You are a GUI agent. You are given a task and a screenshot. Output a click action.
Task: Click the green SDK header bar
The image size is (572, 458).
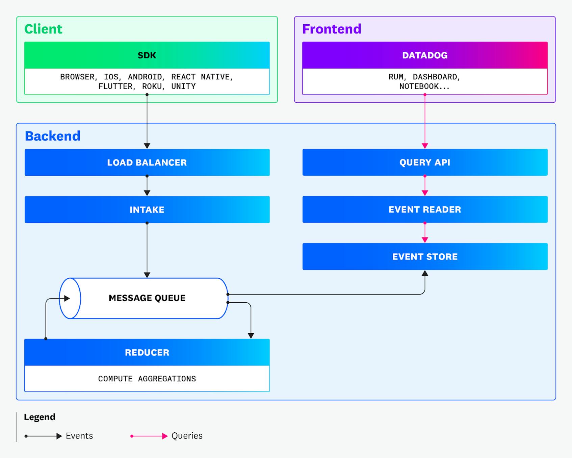pos(147,55)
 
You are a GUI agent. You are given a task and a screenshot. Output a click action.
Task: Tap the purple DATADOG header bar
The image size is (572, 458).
pos(425,55)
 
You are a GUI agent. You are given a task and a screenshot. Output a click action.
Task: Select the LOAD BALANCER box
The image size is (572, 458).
pos(147,162)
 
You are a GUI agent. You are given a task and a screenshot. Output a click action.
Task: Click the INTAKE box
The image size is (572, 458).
pos(147,210)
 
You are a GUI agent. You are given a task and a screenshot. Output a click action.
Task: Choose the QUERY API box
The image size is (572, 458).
pos(425,162)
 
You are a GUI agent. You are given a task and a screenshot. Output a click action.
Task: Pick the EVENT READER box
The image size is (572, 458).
pos(425,209)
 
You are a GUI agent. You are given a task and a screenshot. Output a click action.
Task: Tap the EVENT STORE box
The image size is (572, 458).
pos(425,257)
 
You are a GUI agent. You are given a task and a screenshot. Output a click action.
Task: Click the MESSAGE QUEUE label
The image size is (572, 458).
pos(147,298)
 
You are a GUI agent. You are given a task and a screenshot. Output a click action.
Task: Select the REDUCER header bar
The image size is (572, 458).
pos(147,352)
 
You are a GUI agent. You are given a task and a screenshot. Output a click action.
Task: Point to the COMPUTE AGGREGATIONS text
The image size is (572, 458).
pos(147,379)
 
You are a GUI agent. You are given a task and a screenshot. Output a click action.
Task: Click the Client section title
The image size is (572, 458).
pos(43,29)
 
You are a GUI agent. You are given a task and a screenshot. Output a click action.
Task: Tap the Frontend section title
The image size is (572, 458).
pos(332,29)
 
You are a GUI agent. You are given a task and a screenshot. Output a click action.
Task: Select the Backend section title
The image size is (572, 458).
pos(53,136)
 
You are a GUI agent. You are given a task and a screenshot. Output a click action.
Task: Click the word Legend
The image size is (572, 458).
pos(40,417)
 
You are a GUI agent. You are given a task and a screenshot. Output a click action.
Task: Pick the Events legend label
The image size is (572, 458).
pos(79,436)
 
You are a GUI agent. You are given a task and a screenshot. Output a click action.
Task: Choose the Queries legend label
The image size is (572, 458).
pos(187,436)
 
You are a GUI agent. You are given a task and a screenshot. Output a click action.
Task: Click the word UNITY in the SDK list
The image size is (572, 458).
pos(183,86)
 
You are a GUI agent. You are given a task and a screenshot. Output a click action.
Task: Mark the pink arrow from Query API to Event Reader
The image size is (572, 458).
pos(425,185)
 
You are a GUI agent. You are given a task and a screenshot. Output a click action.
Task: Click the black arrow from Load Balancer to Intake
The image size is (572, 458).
pos(147,185)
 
